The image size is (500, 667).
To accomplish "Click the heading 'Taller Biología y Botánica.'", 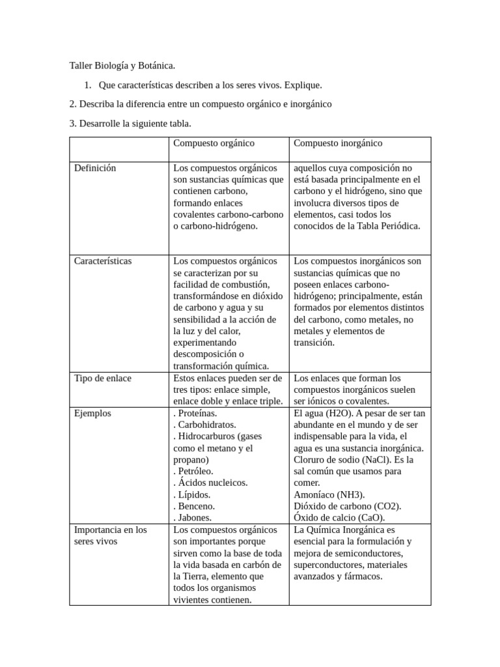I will [122, 66].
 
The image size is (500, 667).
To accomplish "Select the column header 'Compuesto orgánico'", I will [214, 143].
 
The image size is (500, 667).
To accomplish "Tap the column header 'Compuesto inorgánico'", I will [338, 143].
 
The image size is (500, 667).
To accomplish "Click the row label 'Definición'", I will [95, 168].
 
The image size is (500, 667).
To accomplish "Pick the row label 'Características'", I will [103, 261].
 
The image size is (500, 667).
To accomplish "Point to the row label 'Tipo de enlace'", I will [103, 378].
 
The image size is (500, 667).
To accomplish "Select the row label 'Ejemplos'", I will [92, 413].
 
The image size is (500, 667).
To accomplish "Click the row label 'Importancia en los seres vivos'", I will [111, 535].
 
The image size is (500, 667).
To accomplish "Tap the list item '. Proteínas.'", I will [195, 413].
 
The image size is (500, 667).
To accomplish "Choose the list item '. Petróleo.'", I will [193, 471].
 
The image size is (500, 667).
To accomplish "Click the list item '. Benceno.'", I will [194, 506].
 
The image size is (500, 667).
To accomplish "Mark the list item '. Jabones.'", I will [193, 518].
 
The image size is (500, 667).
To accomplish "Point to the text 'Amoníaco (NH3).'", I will [329, 494].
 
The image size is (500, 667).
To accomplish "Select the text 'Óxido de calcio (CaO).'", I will [339, 518].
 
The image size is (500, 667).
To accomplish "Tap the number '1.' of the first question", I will [89, 85].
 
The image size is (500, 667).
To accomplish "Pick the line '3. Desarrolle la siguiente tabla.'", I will [130, 123].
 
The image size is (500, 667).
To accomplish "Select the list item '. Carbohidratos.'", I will [205, 425].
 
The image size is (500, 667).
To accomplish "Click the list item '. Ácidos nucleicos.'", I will [210, 483].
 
